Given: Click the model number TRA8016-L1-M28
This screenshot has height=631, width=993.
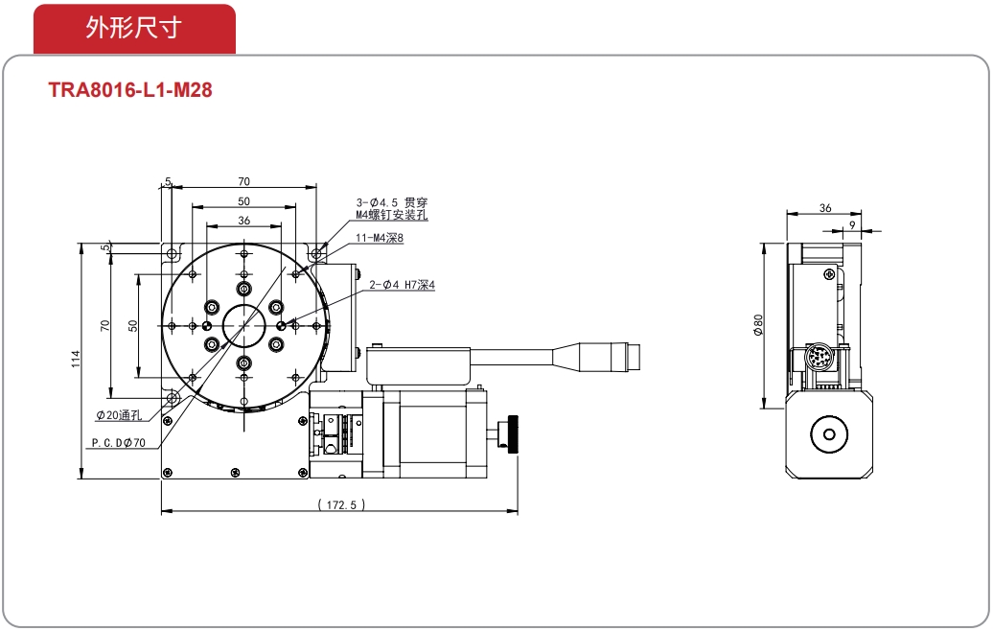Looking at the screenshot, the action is [130, 90].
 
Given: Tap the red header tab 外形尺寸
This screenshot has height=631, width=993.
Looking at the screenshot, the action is [134, 29].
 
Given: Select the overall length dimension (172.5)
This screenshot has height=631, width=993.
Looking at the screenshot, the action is [341, 505].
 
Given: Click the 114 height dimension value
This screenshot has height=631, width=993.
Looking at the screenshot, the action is [76, 360].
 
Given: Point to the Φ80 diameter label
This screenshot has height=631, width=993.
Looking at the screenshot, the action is [758, 324].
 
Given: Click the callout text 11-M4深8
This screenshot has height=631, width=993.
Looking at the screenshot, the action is [380, 238].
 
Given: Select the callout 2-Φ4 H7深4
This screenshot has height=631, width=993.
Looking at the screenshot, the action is [403, 285].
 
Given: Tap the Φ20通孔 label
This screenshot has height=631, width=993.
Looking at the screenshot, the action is [119, 415].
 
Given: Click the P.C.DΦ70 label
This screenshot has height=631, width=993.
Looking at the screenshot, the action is [119, 443].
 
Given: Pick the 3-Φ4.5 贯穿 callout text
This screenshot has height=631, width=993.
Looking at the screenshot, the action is [391, 202].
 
